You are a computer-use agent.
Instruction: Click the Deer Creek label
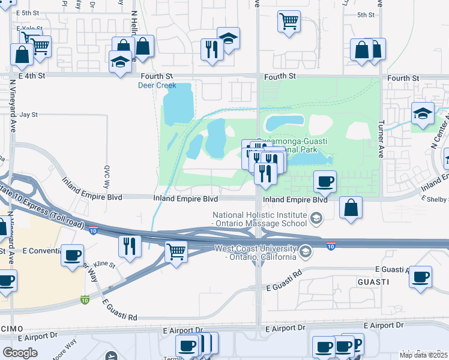(157, 85)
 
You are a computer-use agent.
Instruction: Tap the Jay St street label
(28, 114)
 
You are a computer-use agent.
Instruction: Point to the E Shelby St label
(435, 199)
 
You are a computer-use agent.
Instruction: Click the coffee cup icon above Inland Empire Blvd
(325, 181)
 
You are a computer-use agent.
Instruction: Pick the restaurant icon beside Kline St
(130, 245)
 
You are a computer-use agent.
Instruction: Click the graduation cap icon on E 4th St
(120, 61)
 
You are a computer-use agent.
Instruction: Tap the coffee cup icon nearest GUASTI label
(421, 277)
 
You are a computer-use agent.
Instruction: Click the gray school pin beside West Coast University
(306, 251)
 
